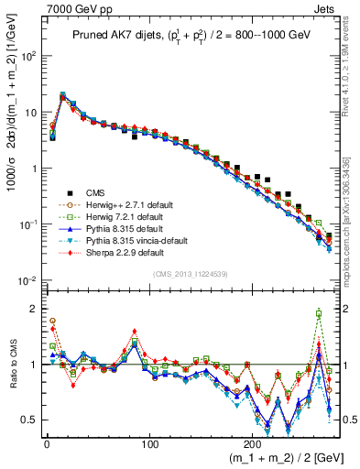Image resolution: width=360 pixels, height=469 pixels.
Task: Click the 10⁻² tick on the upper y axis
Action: click(29, 280)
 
